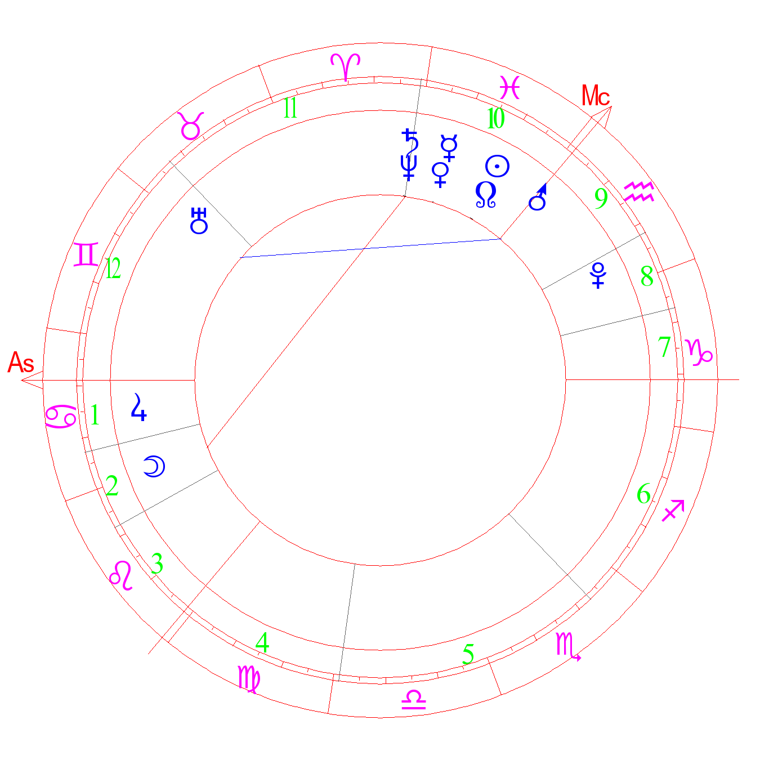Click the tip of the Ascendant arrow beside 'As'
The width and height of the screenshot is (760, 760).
tap(21, 380)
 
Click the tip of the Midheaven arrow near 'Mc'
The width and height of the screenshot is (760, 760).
tap(611, 106)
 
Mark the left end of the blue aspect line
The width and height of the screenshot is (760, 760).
tap(240, 257)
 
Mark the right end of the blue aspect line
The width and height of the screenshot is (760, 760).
tap(501, 239)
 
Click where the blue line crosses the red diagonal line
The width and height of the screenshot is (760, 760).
tap(363, 248)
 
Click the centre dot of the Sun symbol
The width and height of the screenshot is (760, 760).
tap(497, 166)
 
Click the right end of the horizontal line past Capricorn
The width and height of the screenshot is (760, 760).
tap(739, 380)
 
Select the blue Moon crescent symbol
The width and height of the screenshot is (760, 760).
tap(154, 466)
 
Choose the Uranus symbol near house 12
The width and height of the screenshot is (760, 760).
tap(199, 221)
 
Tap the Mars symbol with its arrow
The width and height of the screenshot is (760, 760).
tap(538, 197)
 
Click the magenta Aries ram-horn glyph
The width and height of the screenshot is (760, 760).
tap(346, 67)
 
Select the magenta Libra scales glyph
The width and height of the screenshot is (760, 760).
tap(414, 700)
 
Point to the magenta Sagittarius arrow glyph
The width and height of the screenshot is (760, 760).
tap(673, 511)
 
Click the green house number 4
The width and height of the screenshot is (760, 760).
tap(262, 642)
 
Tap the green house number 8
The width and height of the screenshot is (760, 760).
tap(647, 276)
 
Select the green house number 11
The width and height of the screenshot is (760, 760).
tap(290, 108)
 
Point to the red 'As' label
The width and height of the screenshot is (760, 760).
tap(21, 362)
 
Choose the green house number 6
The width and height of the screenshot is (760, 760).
tap(643, 493)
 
